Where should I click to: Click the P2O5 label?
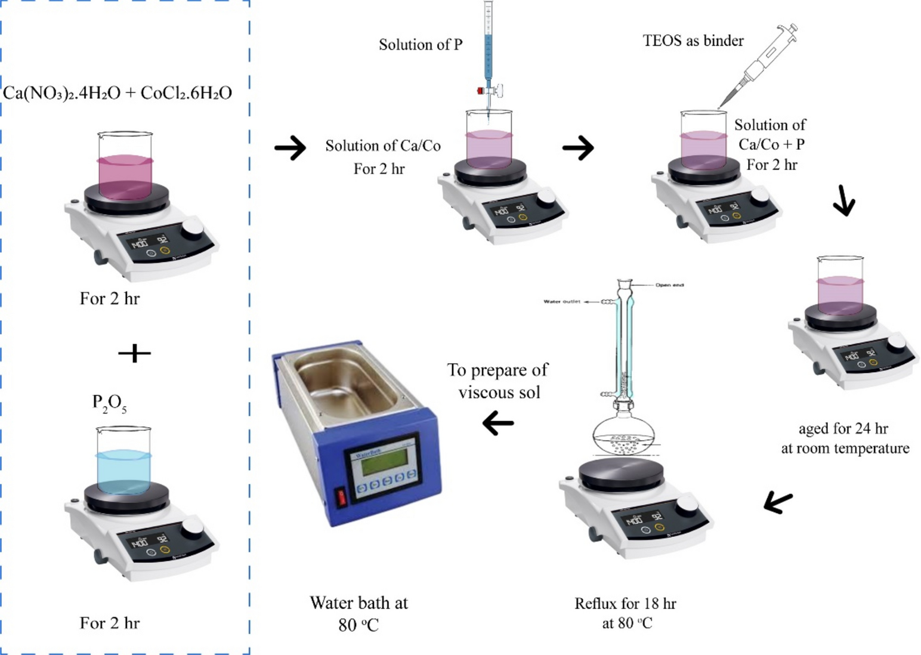pyautogui.click(x=109, y=404)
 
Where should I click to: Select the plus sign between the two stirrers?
pyautogui.click(x=134, y=353)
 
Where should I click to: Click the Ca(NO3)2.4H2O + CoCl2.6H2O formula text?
pyautogui.click(x=118, y=93)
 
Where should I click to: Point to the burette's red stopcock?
pyautogui.click(x=480, y=91)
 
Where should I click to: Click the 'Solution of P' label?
pyautogui.click(x=421, y=45)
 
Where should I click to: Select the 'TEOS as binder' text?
pyautogui.click(x=693, y=41)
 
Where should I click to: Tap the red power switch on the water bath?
pyautogui.click(x=342, y=497)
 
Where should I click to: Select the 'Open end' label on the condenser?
pyautogui.click(x=669, y=285)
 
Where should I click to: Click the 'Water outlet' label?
pyautogui.click(x=561, y=302)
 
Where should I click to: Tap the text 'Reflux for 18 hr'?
pyautogui.click(x=625, y=604)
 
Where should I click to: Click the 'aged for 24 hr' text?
pyautogui.click(x=843, y=428)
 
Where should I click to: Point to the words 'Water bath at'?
pyautogui.click(x=358, y=603)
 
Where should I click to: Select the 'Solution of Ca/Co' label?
pyautogui.click(x=383, y=146)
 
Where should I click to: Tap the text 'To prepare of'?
pyautogui.click(x=497, y=370)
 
